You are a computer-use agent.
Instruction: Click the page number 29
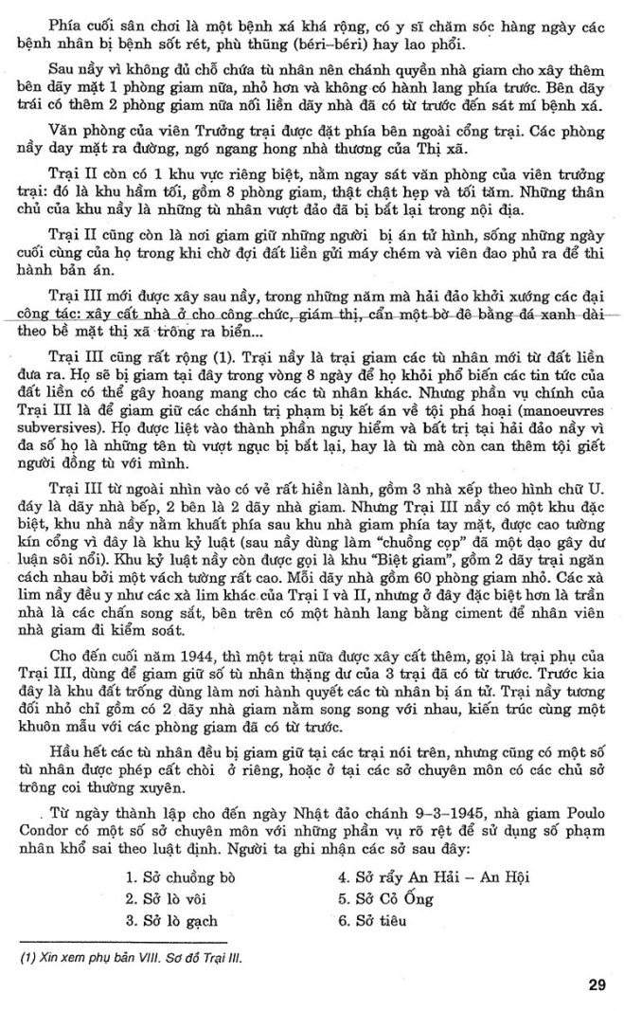[x=596, y=985]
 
